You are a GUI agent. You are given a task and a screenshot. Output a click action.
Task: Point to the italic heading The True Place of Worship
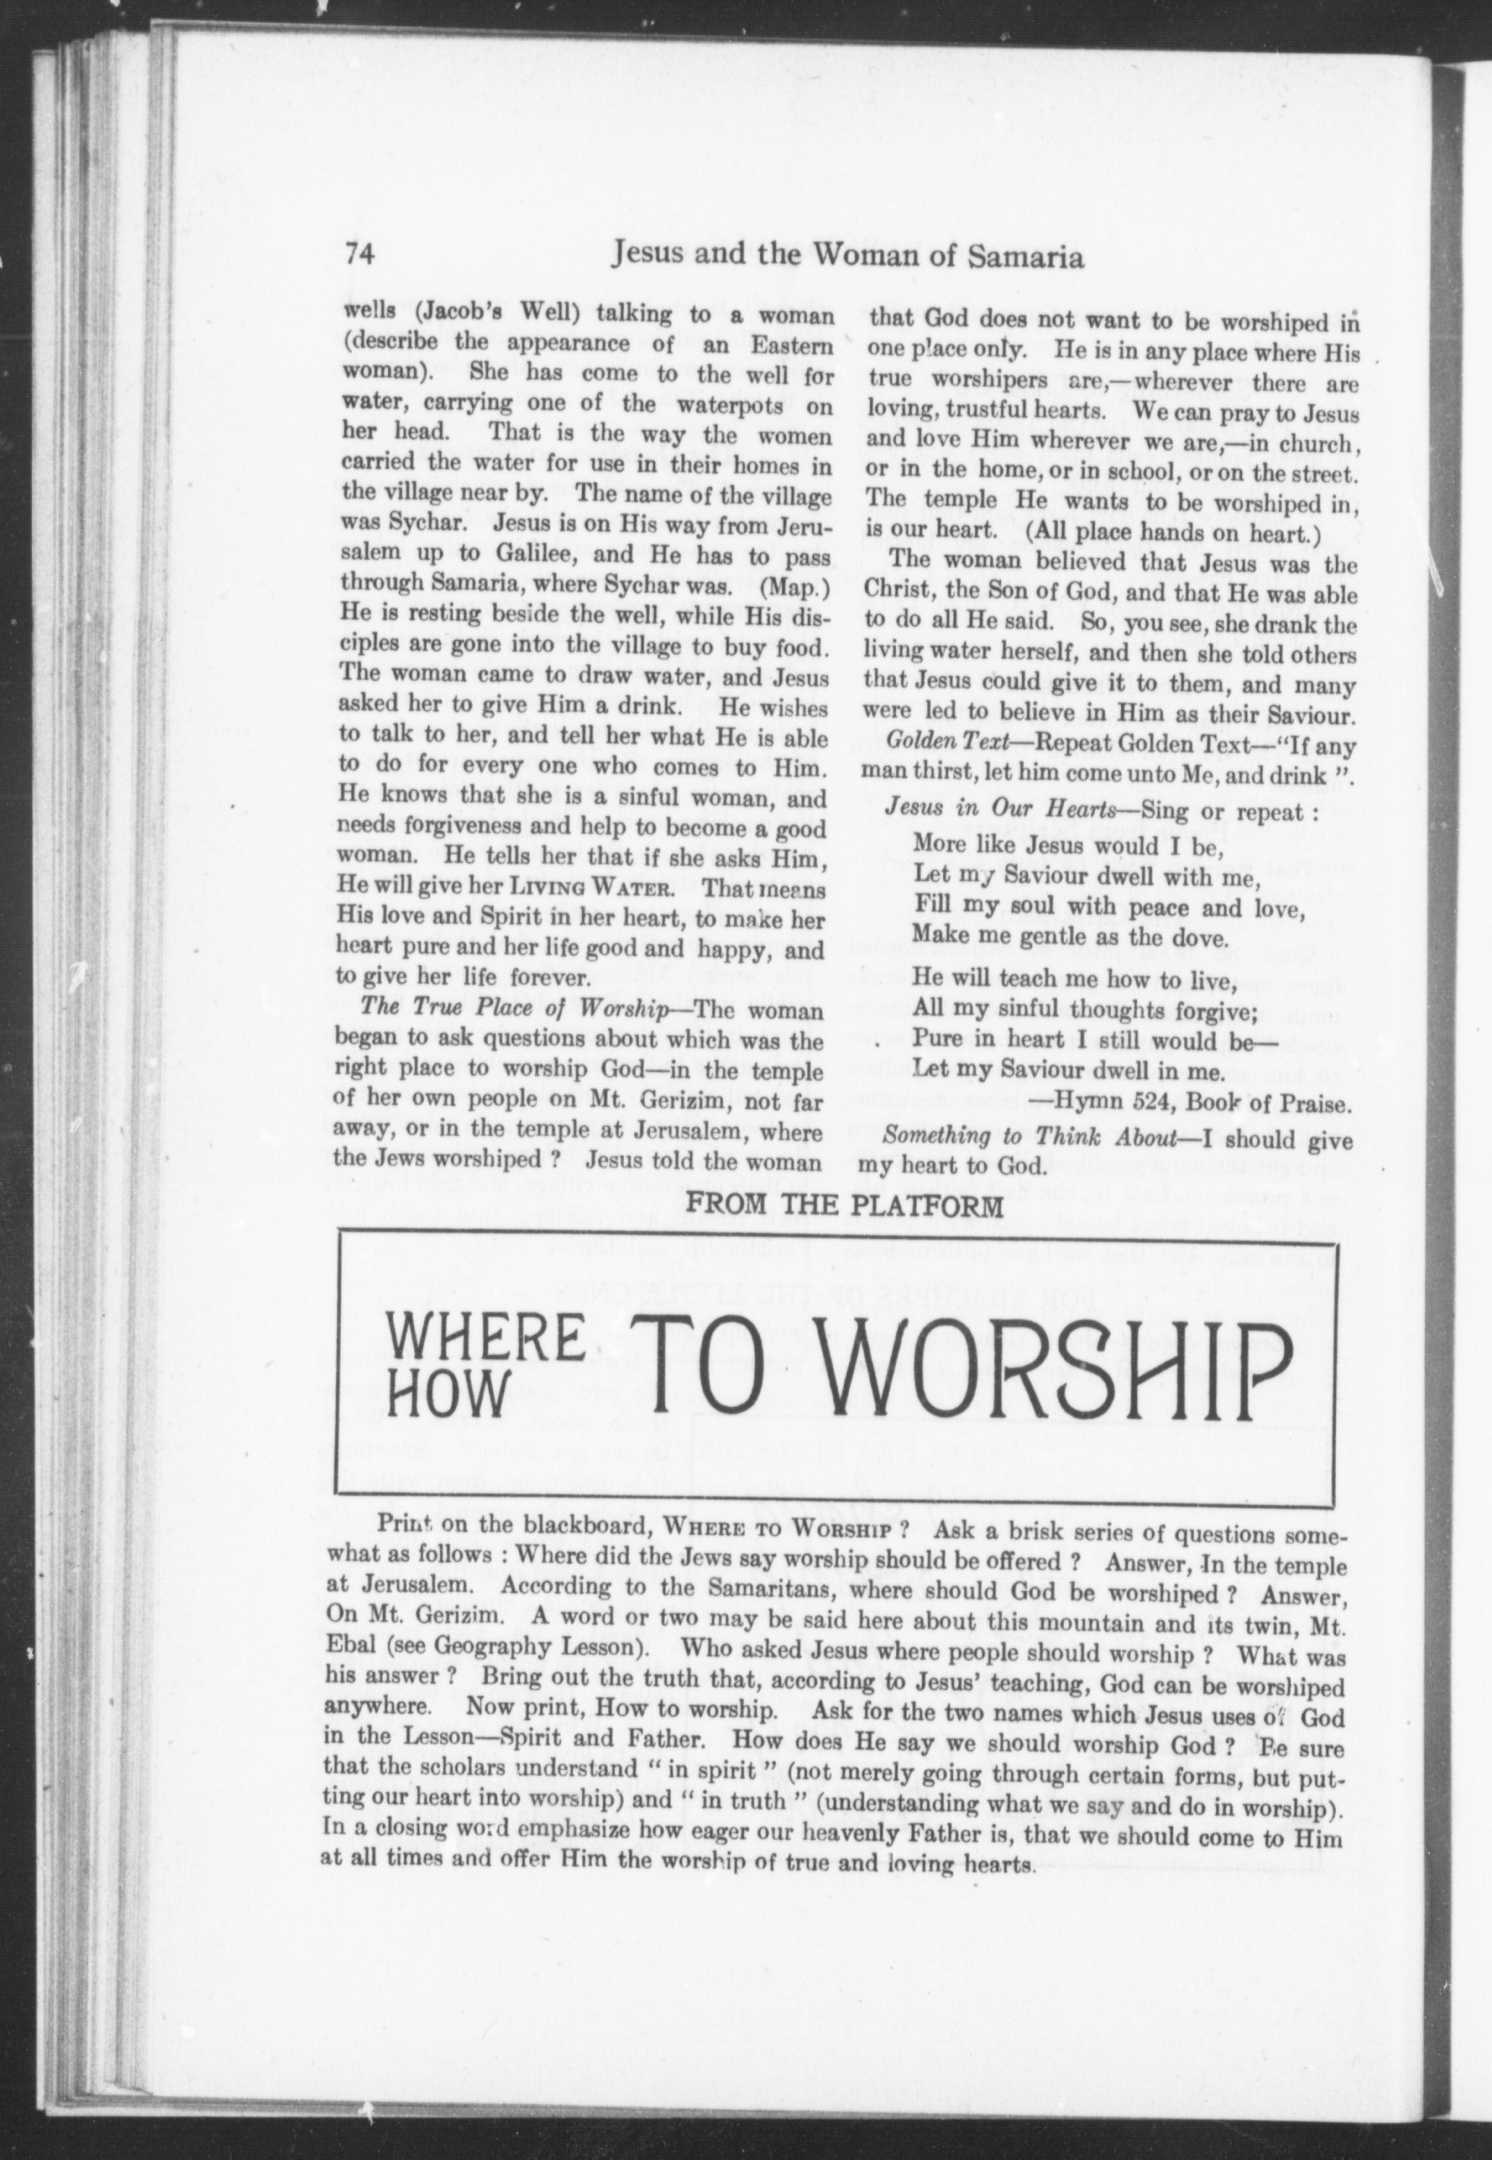(513, 1009)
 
